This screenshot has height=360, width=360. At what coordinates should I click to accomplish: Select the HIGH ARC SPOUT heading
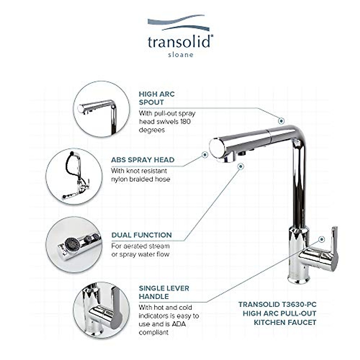pyautogui.click(x=157, y=98)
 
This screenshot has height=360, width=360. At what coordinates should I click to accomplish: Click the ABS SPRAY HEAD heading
pyautogui.click(x=142, y=160)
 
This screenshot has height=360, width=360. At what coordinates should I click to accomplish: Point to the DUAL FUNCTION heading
pyautogui.click(x=142, y=235)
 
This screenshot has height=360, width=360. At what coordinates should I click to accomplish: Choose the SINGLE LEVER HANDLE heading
pyautogui.click(x=164, y=292)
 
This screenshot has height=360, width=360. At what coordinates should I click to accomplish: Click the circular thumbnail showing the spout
pyautogui.click(x=102, y=109)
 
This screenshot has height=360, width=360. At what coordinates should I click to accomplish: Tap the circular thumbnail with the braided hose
pyautogui.click(x=74, y=176)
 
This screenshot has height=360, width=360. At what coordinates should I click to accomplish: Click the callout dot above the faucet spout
pyautogui.click(x=281, y=121)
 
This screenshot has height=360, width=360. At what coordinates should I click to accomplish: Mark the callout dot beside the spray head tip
pyautogui.click(x=205, y=155)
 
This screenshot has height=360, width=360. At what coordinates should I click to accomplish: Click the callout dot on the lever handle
pyautogui.click(x=322, y=239)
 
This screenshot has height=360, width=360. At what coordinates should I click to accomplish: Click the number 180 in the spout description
pyautogui.click(x=186, y=122)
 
